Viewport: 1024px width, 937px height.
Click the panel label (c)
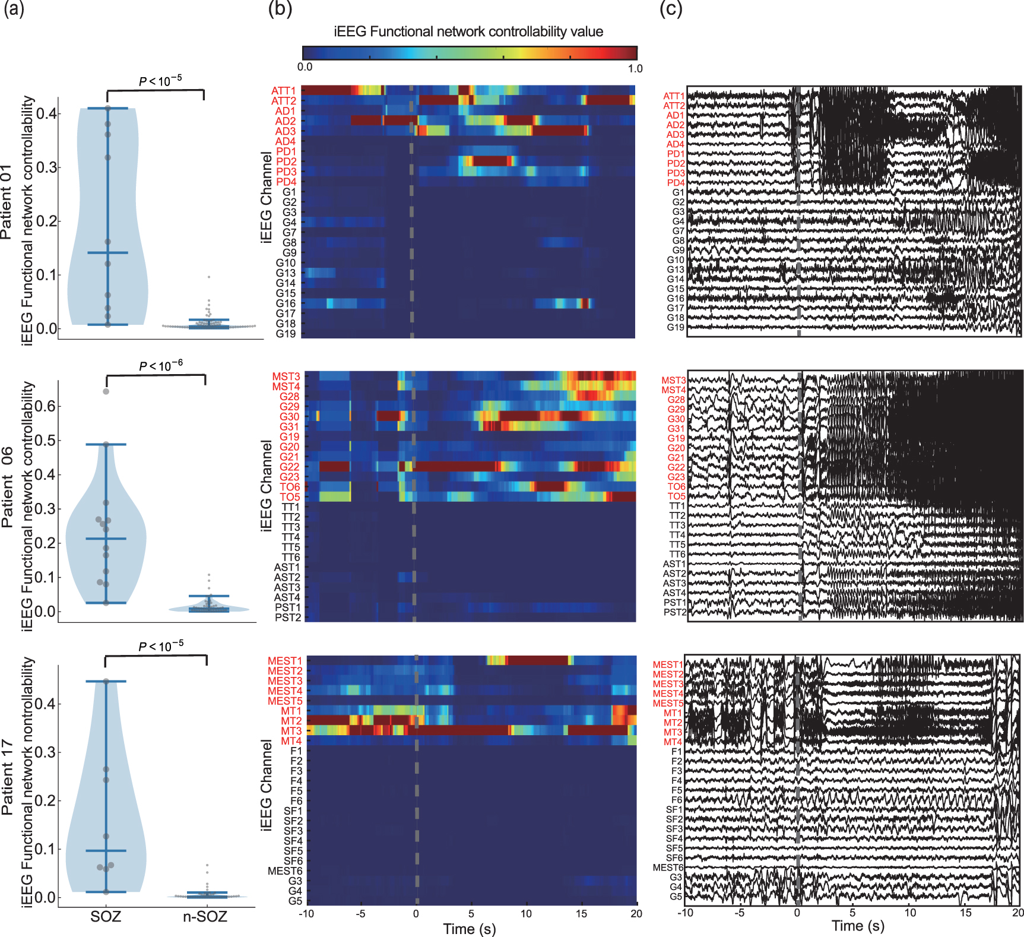pyautogui.click(x=671, y=9)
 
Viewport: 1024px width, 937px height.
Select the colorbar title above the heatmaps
pyautogui.click(x=468, y=31)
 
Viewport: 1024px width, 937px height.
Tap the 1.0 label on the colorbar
pyautogui.click(x=635, y=68)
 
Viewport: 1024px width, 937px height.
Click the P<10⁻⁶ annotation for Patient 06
pyautogui.click(x=160, y=365)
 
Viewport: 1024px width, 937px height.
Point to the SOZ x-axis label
pyautogui.click(x=106, y=916)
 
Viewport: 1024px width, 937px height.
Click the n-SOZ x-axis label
pyautogui.click(x=205, y=916)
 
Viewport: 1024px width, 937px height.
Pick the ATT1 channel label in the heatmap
pyautogui.click(x=283, y=91)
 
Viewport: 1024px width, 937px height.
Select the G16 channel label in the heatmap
pyautogui.click(x=286, y=303)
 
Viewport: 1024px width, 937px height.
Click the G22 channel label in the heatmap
pyautogui.click(x=290, y=467)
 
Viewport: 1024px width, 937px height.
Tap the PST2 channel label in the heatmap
pyautogui.click(x=288, y=618)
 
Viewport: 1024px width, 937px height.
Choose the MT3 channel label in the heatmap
pyautogui.click(x=291, y=731)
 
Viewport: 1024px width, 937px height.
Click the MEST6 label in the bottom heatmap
pyautogui.click(x=285, y=871)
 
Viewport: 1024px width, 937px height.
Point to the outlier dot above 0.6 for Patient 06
pyautogui.click(x=106, y=391)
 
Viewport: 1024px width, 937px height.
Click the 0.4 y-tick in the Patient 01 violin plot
pyautogui.click(x=46, y=113)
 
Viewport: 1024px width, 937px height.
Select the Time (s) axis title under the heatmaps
pyautogui.click(x=469, y=929)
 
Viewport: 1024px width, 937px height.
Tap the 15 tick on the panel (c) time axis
pyautogui.click(x=965, y=913)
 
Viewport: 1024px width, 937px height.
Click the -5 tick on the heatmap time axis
pyautogui.click(x=360, y=914)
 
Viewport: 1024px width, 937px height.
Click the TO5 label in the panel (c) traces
pyautogui.click(x=676, y=496)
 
